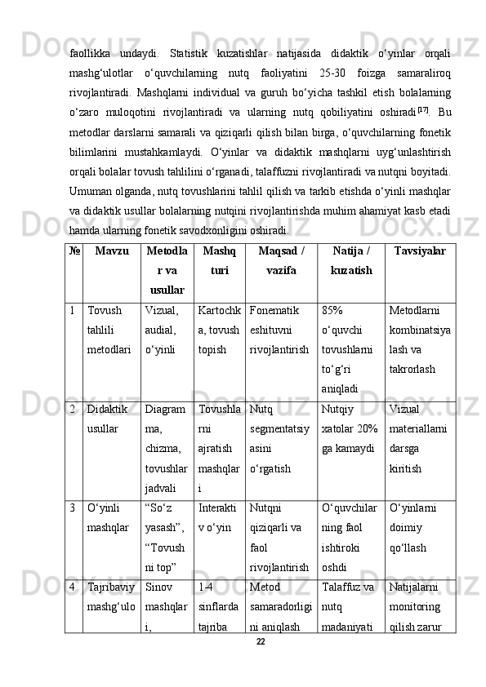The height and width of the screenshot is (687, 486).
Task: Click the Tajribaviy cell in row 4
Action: click(x=111, y=587)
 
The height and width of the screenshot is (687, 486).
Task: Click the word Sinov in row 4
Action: click(x=157, y=587)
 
